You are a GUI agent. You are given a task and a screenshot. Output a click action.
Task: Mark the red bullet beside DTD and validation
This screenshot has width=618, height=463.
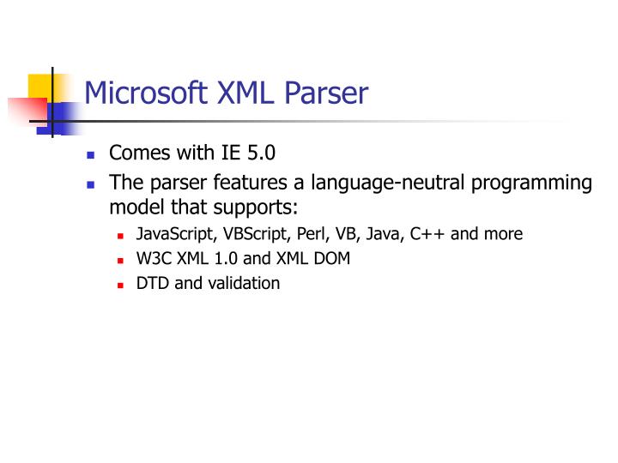pyautogui.click(x=121, y=285)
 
